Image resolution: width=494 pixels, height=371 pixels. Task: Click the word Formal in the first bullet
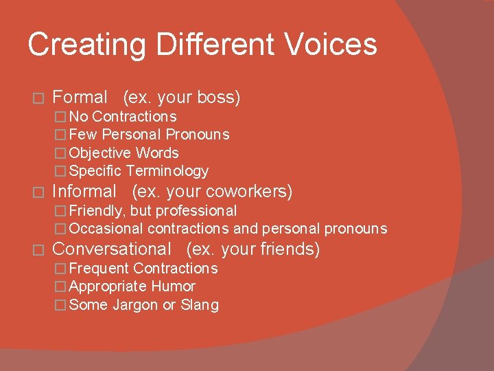click(80, 98)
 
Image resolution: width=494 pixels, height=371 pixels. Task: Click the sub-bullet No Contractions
click(123, 117)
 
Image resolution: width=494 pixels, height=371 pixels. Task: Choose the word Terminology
click(167, 171)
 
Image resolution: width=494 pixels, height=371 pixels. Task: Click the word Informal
click(84, 191)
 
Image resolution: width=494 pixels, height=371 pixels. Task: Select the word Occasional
click(106, 229)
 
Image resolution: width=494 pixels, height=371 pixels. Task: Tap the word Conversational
click(111, 249)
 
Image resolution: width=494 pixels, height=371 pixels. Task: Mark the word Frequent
click(99, 269)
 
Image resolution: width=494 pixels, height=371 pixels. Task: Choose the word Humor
click(174, 286)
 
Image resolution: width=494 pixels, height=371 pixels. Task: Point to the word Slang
click(200, 305)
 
